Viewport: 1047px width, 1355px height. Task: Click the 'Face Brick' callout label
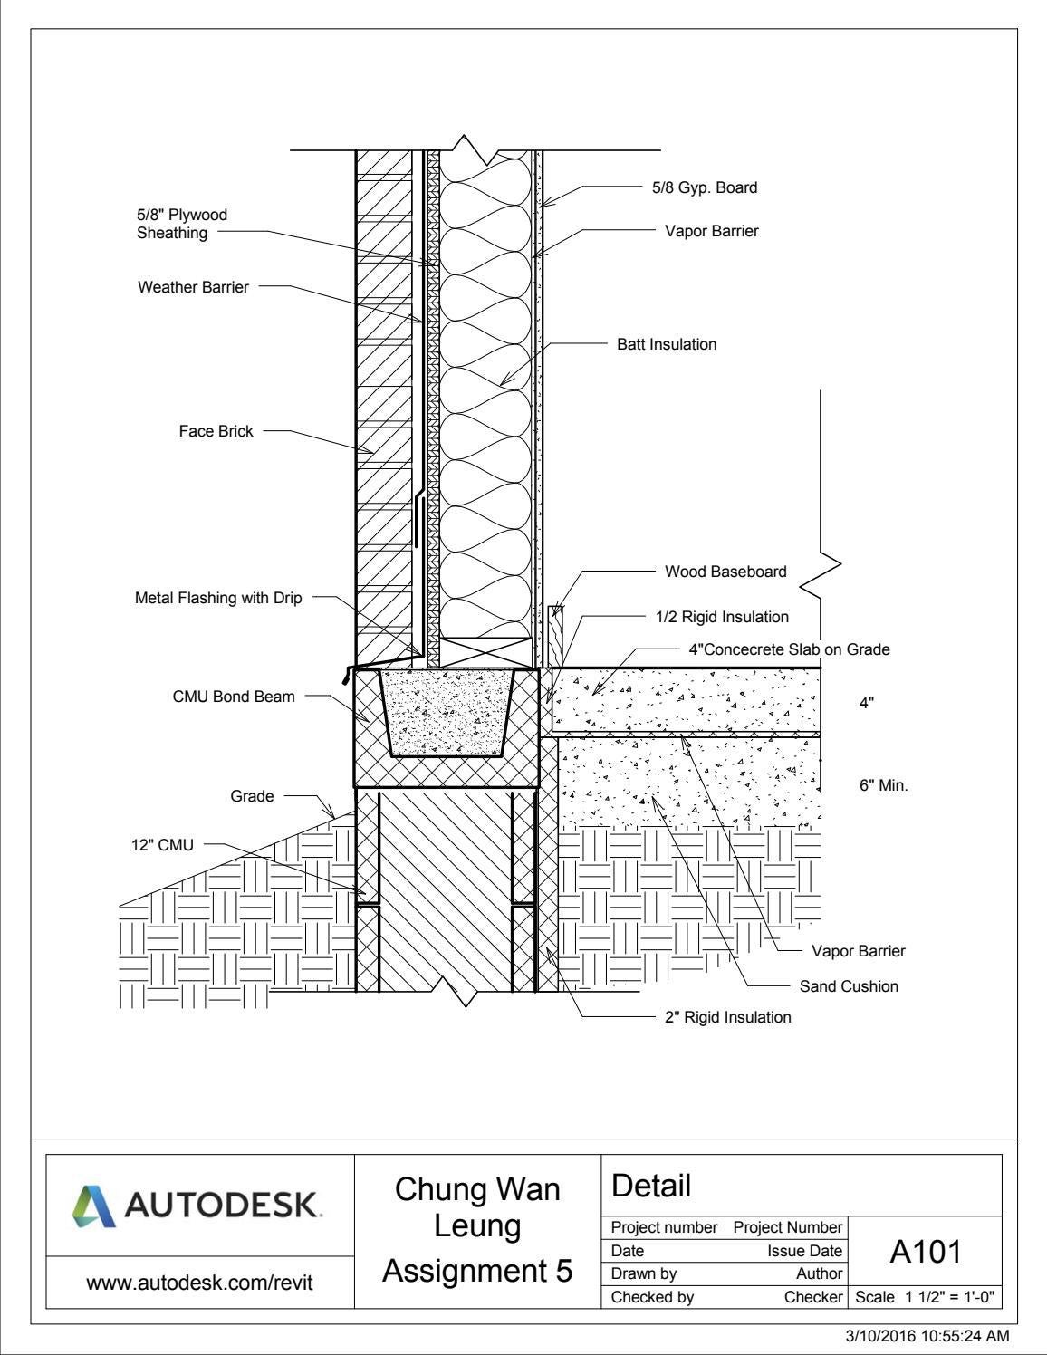pos(216,431)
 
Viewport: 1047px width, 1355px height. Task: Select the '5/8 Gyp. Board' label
pos(704,187)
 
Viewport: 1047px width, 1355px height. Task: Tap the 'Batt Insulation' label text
pos(667,344)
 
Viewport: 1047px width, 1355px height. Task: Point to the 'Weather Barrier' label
pos(193,287)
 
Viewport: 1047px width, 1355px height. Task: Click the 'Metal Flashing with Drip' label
pos(218,598)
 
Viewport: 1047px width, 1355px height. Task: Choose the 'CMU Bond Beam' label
pos(234,697)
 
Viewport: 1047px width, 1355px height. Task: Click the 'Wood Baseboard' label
pos(725,572)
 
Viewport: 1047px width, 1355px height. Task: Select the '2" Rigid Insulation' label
pos(727,1017)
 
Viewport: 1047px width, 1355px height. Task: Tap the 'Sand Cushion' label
pos(849,986)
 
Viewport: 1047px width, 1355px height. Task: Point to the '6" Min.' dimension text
pos(883,785)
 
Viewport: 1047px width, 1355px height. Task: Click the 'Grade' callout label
pos(252,796)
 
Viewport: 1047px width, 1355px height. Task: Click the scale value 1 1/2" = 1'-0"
pos(925,1297)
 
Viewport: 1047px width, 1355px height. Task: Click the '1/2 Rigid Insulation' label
pos(722,617)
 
